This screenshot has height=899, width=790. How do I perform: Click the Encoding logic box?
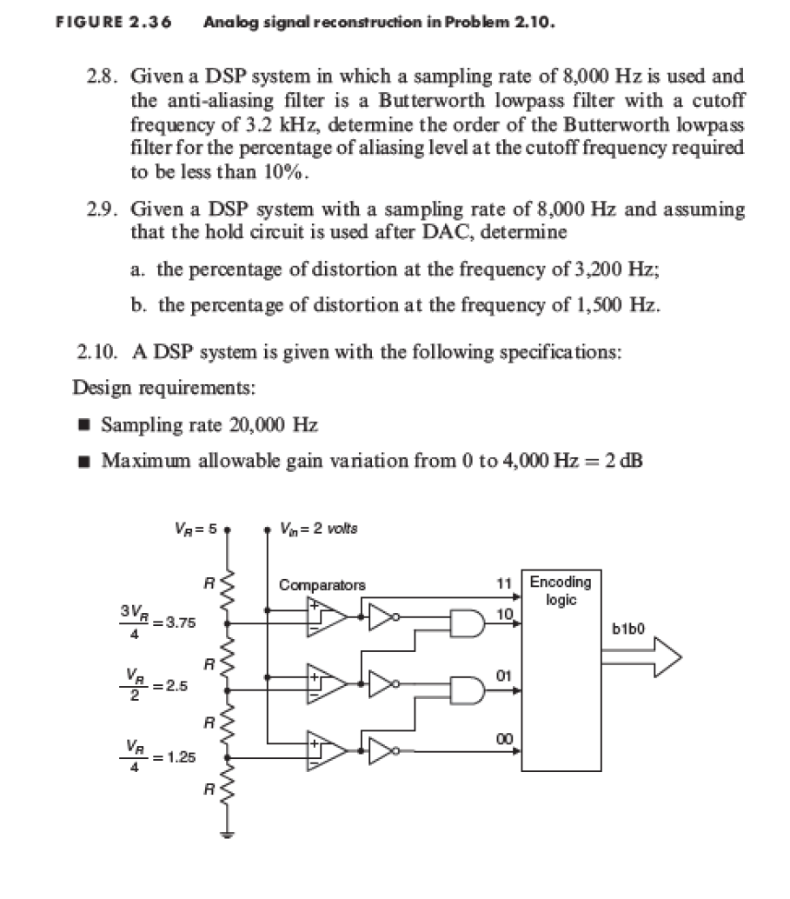click(x=560, y=669)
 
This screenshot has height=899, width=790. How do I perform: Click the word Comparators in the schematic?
click(x=322, y=585)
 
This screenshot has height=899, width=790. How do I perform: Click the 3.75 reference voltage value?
click(x=181, y=623)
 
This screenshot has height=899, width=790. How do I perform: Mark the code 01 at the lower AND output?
click(x=501, y=674)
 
